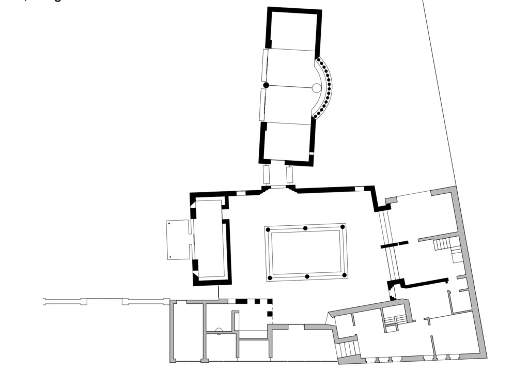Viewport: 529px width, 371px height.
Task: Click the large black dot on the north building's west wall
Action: click(266, 85)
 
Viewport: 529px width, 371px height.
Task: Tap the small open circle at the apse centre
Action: click(316, 88)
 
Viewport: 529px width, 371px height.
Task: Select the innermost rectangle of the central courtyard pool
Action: click(306, 252)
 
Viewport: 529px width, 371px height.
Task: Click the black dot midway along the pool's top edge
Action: click(305, 228)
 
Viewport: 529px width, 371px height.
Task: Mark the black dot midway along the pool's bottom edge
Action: click(307, 277)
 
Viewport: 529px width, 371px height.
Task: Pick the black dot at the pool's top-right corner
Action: click(343, 226)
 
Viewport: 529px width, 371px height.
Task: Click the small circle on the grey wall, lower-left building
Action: click(219, 331)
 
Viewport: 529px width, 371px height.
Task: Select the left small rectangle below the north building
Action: click(267, 175)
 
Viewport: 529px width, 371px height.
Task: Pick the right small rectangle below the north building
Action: click(289, 175)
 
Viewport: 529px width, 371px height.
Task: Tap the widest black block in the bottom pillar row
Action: click(241, 301)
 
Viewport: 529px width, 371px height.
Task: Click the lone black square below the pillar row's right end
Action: click(269, 314)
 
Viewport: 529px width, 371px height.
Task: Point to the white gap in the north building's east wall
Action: click(312, 154)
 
